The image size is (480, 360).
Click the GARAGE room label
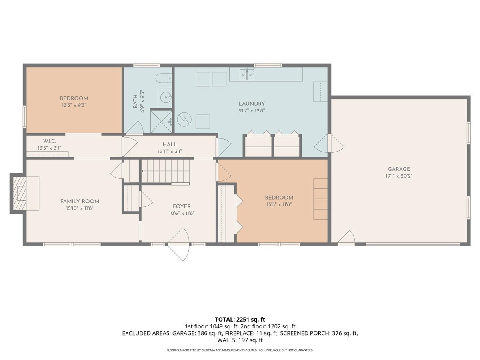[x=399, y=169]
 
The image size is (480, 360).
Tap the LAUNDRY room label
[x=252, y=104]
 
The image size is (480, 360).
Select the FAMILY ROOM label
[x=80, y=201]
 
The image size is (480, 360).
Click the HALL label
[x=170, y=144]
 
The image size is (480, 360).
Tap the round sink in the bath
[x=166, y=97]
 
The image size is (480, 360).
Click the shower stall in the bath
[x=161, y=121]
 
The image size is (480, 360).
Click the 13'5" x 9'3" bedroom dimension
[x=74, y=106]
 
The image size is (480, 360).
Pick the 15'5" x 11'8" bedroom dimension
[x=279, y=204]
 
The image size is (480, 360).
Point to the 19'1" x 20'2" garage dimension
[x=399, y=176]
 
